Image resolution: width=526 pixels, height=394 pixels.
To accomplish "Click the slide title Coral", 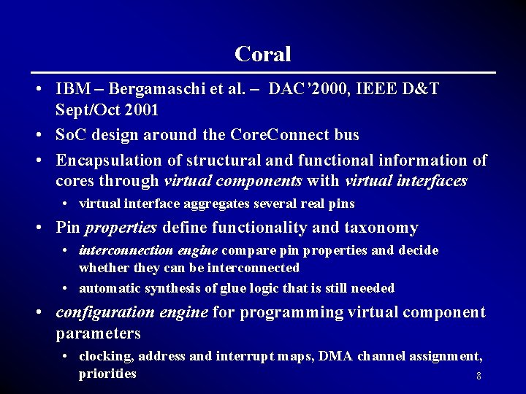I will coord(263,53).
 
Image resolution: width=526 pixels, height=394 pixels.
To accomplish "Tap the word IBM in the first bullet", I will coord(73,90).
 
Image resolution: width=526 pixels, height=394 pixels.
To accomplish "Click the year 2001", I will coord(142,111).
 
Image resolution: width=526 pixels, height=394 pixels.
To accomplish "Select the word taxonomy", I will coord(379,228).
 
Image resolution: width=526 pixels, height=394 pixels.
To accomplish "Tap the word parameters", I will coord(99,333).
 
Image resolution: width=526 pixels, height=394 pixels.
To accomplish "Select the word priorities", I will coord(107,374).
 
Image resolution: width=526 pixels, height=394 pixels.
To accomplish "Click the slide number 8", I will coord(479,376).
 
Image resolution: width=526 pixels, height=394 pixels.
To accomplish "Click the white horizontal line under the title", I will coord(263,73).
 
